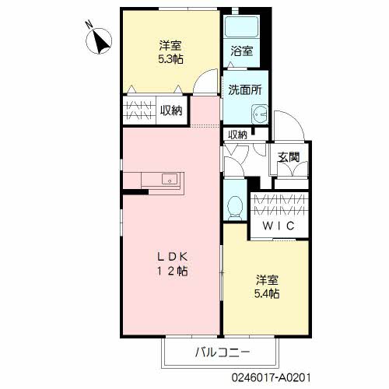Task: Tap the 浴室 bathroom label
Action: tap(242, 52)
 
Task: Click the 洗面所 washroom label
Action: tap(244, 89)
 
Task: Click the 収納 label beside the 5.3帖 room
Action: tap(171, 110)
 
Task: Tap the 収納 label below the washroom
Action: tap(238, 135)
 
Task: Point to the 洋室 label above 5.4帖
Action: tap(266, 279)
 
